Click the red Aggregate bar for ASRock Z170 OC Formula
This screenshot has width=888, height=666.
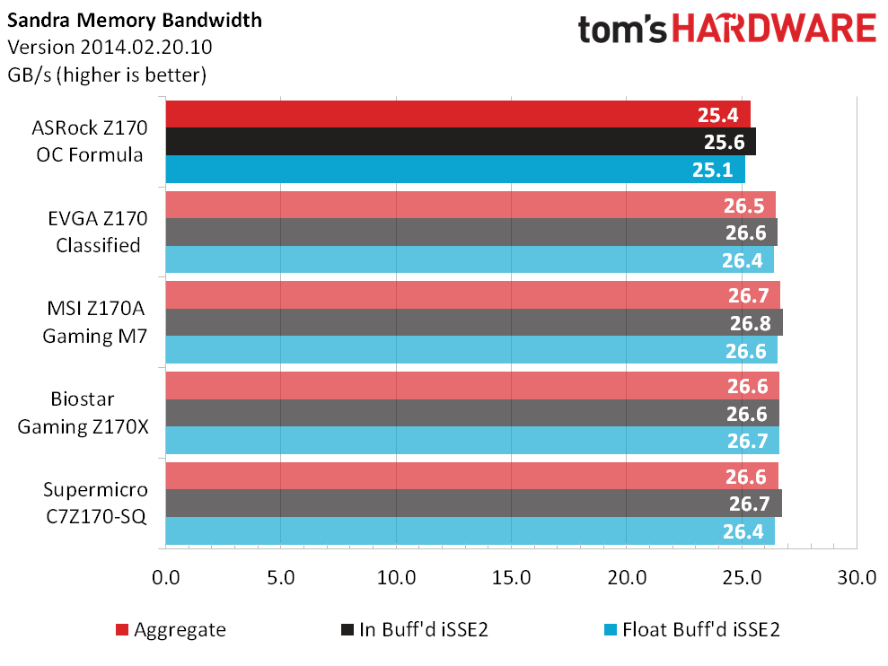click(x=458, y=114)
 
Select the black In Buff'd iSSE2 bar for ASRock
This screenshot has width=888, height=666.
click(x=461, y=142)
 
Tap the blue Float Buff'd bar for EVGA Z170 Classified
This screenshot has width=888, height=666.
click(x=470, y=259)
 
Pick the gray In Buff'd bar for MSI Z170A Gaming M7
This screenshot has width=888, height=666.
click(x=475, y=322)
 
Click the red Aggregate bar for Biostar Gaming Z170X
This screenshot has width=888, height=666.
click(x=472, y=386)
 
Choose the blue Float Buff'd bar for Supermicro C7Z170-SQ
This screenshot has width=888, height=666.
click(x=470, y=530)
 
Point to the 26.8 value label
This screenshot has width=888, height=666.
click(x=751, y=323)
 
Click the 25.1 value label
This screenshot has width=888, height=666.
click(x=712, y=170)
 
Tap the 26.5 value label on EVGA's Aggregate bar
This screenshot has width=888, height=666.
click(x=744, y=206)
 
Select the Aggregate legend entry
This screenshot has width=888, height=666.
click(x=171, y=630)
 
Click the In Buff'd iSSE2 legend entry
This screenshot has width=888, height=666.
click(x=415, y=630)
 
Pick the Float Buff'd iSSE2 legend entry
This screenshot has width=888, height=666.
click(x=692, y=630)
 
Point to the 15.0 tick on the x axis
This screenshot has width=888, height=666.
click(x=512, y=578)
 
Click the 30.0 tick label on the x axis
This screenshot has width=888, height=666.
click(x=857, y=578)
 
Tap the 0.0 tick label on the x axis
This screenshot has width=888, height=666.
click(x=166, y=578)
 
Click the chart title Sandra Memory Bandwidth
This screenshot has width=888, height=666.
click(x=135, y=21)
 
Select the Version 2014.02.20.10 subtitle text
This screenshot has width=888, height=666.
click(x=110, y=47)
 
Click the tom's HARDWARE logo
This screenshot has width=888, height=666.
click(x=727, y=29)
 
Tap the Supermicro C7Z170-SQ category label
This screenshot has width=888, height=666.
click(x=96, y=503)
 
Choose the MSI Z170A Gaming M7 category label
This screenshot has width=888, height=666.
click(x=95, y=322)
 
